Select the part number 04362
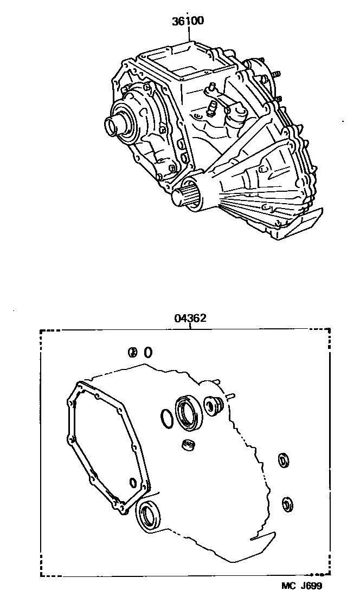click(190, 318)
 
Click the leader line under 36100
click(189, 34)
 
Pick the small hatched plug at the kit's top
click(132, 352)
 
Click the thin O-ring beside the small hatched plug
click(148, 352)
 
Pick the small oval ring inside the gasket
click(133, 483)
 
